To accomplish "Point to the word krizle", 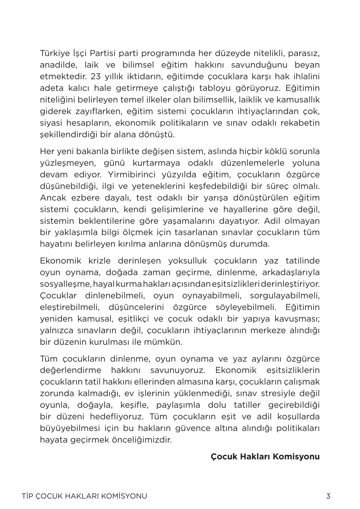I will coord(100,261).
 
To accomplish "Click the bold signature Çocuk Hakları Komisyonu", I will coord(265,456).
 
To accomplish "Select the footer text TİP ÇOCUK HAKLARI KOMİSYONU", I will coord(84,496).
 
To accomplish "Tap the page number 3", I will coord(328,496).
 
